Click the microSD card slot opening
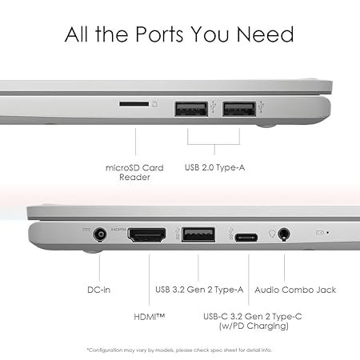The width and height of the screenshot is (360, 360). pos(134,104)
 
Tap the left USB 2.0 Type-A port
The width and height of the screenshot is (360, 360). pos(191,109)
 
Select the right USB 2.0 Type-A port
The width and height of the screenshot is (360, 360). pos(239,109)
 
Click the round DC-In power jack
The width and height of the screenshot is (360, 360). pos(100,235)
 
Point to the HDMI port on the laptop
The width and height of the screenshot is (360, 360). pos(146,235)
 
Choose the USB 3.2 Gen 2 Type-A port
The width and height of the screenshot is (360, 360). pos(198,234)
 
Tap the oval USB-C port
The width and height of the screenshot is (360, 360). pos(246,238)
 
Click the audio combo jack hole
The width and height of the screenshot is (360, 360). pos(284,234)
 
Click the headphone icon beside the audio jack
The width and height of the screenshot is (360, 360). pos(272,234)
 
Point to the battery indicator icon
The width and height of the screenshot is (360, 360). pos(320,233)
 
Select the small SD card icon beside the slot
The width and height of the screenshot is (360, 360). pos(155,104)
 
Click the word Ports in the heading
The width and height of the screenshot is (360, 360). pos(159,34)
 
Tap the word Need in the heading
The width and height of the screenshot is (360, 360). pos(266,34)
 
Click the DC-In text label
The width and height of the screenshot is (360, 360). pos(98,290)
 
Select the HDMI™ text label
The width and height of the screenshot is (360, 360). pos(150,317)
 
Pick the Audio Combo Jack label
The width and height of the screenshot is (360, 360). pos(295,290)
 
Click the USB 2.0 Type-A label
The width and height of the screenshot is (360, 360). pos(214,167)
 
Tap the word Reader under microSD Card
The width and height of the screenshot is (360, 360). pos(134,177)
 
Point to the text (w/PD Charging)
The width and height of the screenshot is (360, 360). pos(254,326)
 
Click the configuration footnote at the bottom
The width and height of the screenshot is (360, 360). pos(179,350)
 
